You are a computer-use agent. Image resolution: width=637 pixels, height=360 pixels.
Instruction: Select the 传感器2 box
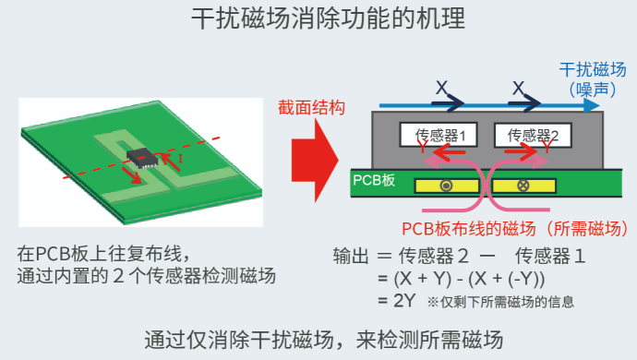pos(533,135)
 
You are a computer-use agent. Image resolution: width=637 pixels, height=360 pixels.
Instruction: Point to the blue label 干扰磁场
pos(592,69)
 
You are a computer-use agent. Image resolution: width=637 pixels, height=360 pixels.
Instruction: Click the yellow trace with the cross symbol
pos(528,186)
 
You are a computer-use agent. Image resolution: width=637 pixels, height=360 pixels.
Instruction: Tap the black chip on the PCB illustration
pos(142,156)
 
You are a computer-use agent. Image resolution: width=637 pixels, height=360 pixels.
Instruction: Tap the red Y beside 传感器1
pos(422,147)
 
